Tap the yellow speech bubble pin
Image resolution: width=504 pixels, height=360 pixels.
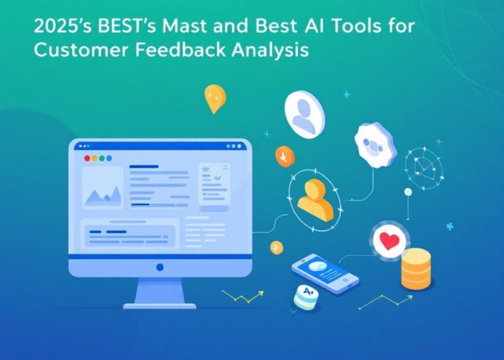(215, 98)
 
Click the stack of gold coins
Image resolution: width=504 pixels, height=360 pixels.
(416, 269)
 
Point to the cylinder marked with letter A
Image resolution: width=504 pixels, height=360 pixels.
(305, 296)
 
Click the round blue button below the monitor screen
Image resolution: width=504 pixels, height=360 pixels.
(160, 267)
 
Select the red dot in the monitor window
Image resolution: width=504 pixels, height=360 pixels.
(87, 158)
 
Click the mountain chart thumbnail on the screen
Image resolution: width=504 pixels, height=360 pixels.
(103, 188)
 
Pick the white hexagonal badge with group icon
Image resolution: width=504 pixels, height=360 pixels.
(375, 145)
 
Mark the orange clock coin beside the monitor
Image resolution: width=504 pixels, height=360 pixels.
(285, 156)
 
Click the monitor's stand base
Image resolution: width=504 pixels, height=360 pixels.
(160, 305)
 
